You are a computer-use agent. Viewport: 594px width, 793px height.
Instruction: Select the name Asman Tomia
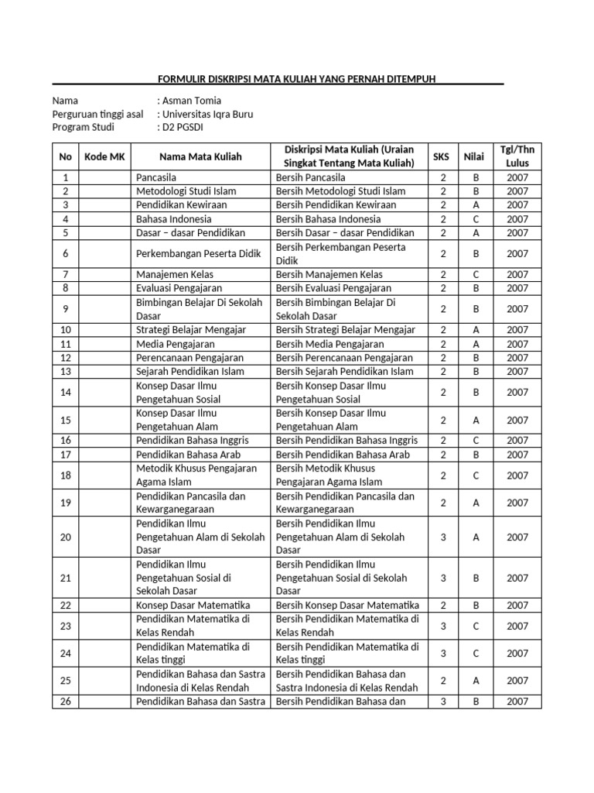pyautogui.click(x=191, y=101)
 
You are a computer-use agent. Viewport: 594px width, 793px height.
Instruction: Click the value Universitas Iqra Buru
pyautogui.click(x=207, y=114)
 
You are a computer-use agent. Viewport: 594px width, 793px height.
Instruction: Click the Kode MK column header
pyautogui.click(x=104, y=156)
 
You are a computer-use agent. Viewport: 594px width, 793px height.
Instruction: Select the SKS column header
pyautogui.click(x=441, y=156)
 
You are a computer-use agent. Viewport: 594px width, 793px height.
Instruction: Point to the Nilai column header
pyautogui.click(x=474, y=156)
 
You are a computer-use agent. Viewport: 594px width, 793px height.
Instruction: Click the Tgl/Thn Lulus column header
pyautogui.click(x=517, y=156)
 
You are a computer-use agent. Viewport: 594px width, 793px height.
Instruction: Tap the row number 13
pyautogui.click(x=65, y=372)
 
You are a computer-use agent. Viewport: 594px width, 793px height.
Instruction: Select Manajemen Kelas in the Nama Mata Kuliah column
pyautogui.click(x=175, y=274)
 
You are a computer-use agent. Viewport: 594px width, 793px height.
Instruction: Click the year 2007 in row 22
pyautogui.click(x=517, y=606)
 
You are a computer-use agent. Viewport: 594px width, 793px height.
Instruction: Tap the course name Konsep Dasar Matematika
pyautogui.click(x=193, y=606)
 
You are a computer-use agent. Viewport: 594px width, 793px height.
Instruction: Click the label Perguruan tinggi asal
pyautogui.click(x=97, y=114)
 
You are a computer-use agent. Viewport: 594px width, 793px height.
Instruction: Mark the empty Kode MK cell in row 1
pyautogui.click(x=104, y=177)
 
